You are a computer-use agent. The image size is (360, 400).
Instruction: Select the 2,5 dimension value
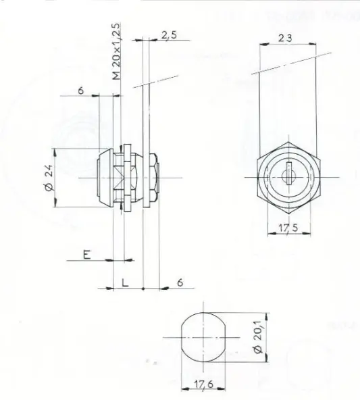point(169,35)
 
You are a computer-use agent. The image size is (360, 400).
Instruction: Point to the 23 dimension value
point(285,39)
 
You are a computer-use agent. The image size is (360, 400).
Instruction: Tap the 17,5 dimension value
point(288,228)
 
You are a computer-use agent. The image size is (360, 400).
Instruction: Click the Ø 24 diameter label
point(49,178)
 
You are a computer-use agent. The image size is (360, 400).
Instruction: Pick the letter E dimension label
point(87,254)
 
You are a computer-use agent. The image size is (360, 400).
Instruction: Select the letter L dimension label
point(125,282)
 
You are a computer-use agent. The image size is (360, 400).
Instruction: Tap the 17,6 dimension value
point(203,384)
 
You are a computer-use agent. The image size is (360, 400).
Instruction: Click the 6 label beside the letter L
point(180,282)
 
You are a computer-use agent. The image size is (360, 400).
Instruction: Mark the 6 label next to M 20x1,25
point(81,91)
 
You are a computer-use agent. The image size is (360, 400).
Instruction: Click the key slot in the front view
point(289,173)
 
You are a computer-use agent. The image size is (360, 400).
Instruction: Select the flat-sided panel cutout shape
point(203,337)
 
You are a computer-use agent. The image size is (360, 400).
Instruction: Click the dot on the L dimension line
point(143,289)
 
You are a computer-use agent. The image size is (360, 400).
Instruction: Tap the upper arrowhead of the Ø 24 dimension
point(55,152)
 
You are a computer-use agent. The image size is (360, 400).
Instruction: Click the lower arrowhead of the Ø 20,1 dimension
point(267,357)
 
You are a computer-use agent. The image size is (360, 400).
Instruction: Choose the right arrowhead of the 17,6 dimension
point(222,396)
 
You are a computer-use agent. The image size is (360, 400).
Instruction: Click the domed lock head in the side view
point(105,178)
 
